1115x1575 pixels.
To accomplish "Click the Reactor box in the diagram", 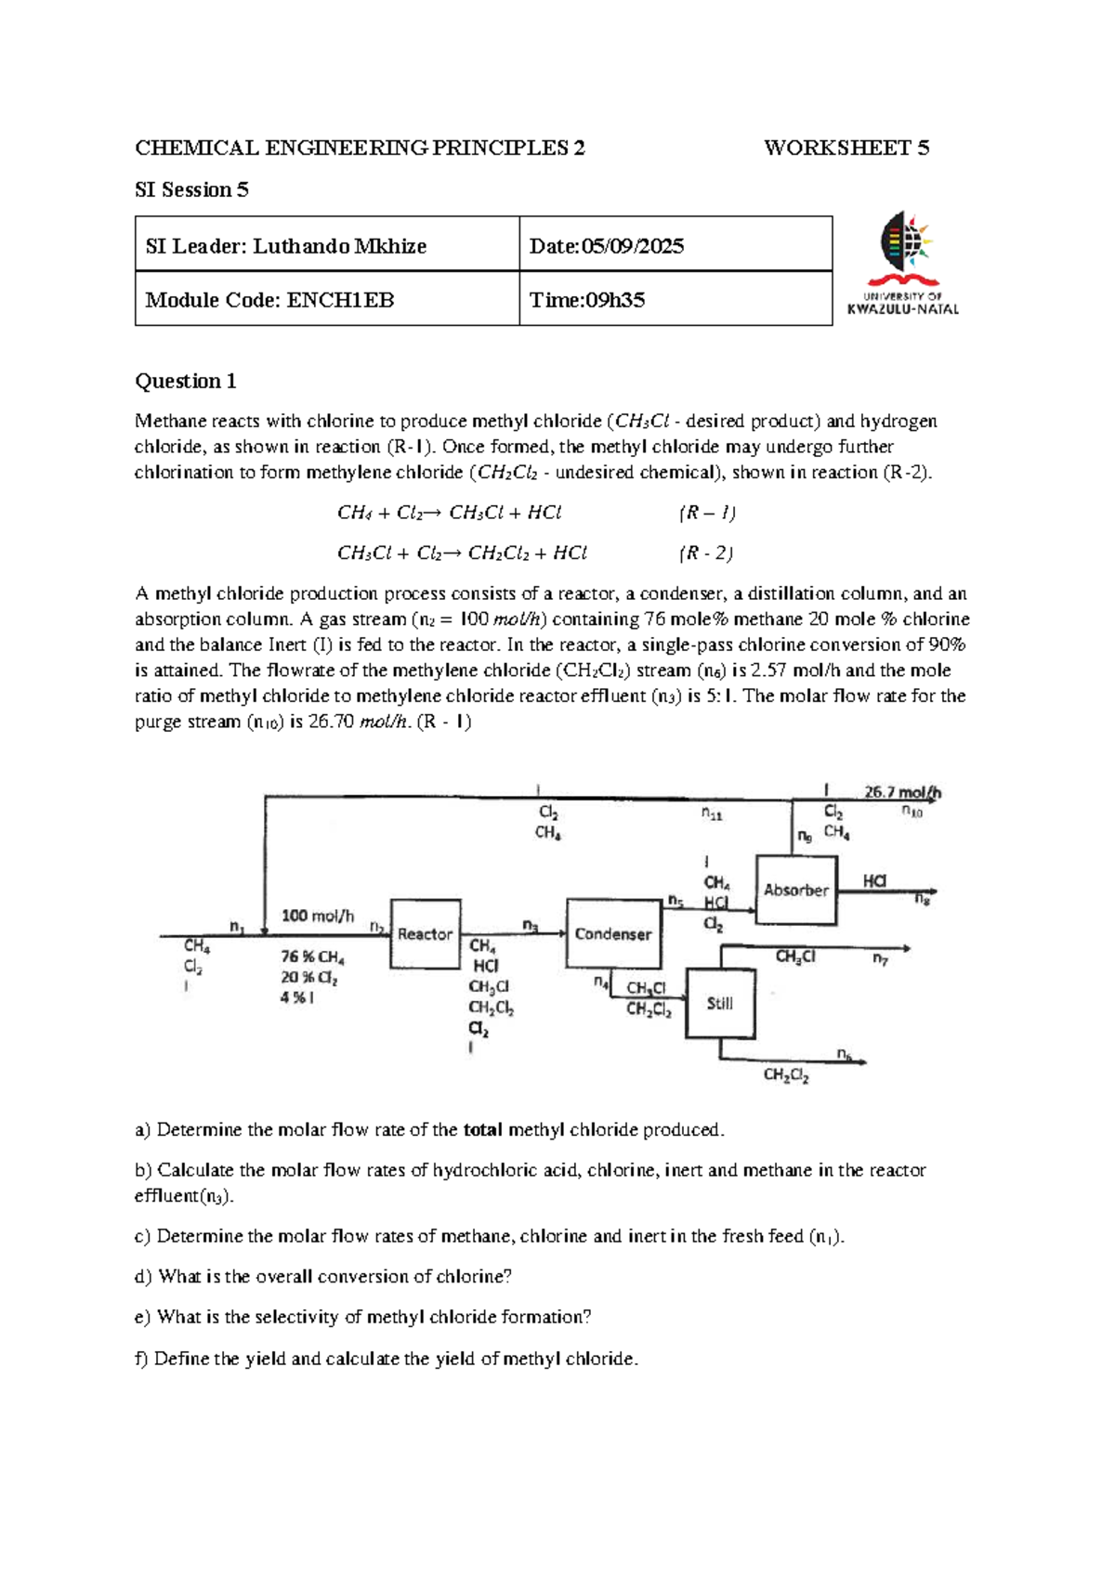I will tap(425, 933).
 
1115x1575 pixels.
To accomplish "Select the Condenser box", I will tap(613, 933).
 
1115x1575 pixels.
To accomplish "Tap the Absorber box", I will tap(796, 890).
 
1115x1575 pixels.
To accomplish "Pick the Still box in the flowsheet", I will tap(720, 1003).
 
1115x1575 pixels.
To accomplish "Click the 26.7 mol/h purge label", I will tap(902, 792).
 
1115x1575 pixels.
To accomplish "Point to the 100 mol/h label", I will tap(318, 916).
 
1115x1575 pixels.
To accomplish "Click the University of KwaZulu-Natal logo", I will tap(903, 264).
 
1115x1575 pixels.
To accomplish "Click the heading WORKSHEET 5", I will tap(846, 148).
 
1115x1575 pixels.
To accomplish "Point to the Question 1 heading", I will tap(185, 381).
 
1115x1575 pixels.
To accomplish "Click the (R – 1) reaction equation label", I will tap(707, 513).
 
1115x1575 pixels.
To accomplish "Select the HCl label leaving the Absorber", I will tap(874, 880).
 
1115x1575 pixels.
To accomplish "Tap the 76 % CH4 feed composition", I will tap(312, 957).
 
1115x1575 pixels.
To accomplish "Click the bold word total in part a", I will tap(482, 1130).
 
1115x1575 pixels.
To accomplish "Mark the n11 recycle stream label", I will tap(711, 814).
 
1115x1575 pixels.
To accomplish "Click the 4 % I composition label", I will tap(297, 997).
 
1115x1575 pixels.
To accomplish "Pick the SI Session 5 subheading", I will tap(191, 189).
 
